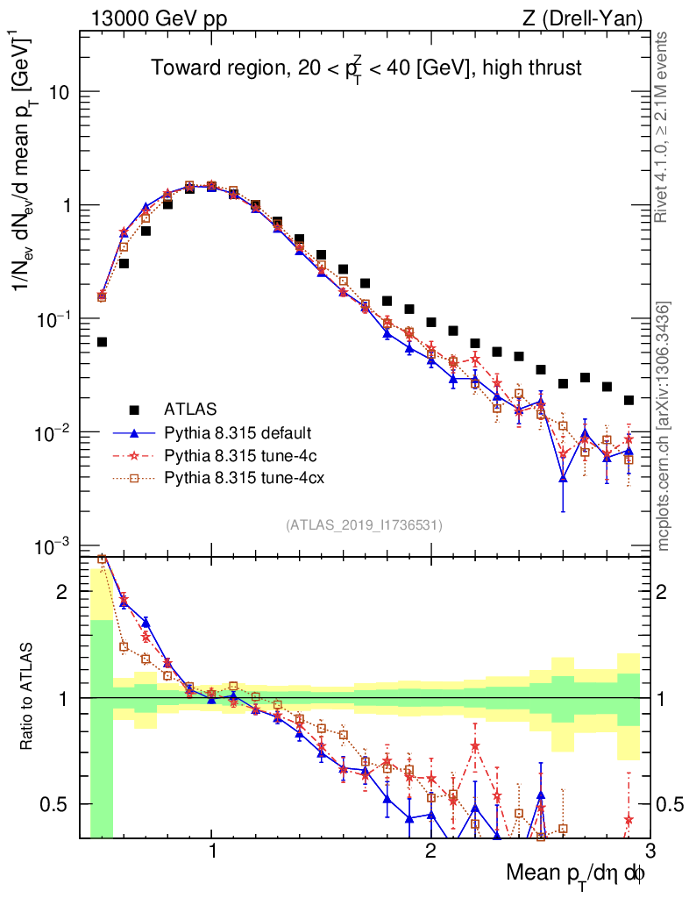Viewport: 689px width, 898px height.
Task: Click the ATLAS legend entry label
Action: coord(190,409)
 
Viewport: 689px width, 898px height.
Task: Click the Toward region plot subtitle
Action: coord(366,68)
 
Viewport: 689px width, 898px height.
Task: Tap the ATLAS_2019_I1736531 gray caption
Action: coord(364,525)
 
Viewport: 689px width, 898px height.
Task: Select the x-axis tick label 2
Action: coord(430,852)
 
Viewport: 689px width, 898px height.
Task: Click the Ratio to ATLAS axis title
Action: coord(29,697)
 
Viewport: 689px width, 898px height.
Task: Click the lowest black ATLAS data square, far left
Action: coord(102,342)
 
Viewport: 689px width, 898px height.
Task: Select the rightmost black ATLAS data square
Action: coord(629,400)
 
